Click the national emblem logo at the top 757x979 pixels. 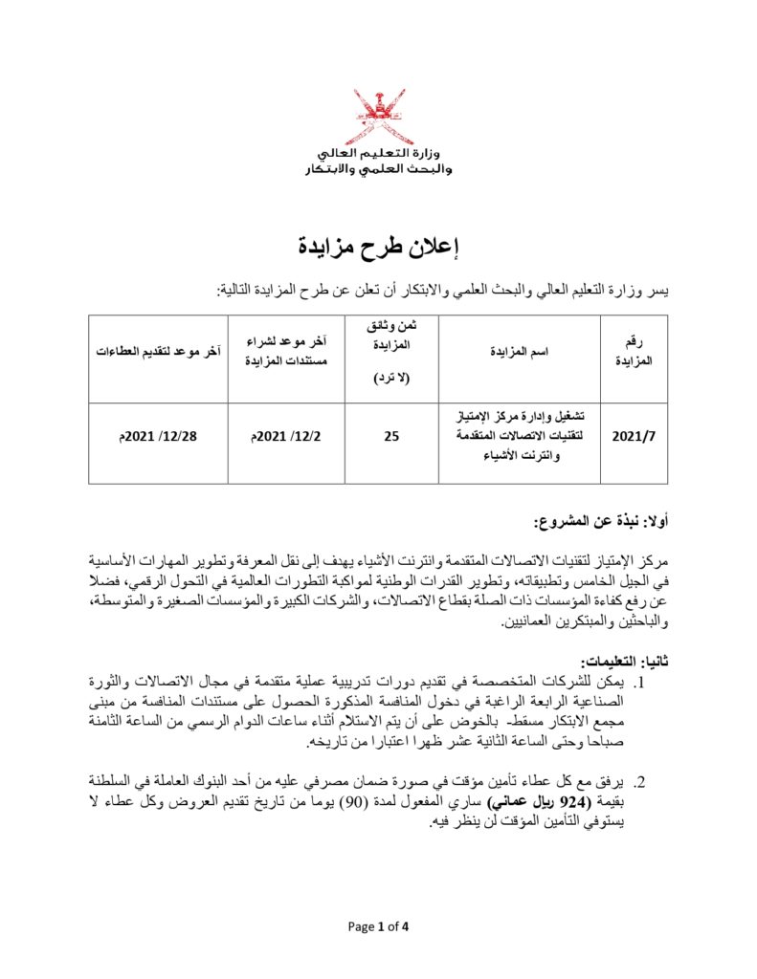tap(383, 117)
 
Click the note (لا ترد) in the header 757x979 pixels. tap(391, 378)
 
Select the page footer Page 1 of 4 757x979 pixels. tap(378, 926)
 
